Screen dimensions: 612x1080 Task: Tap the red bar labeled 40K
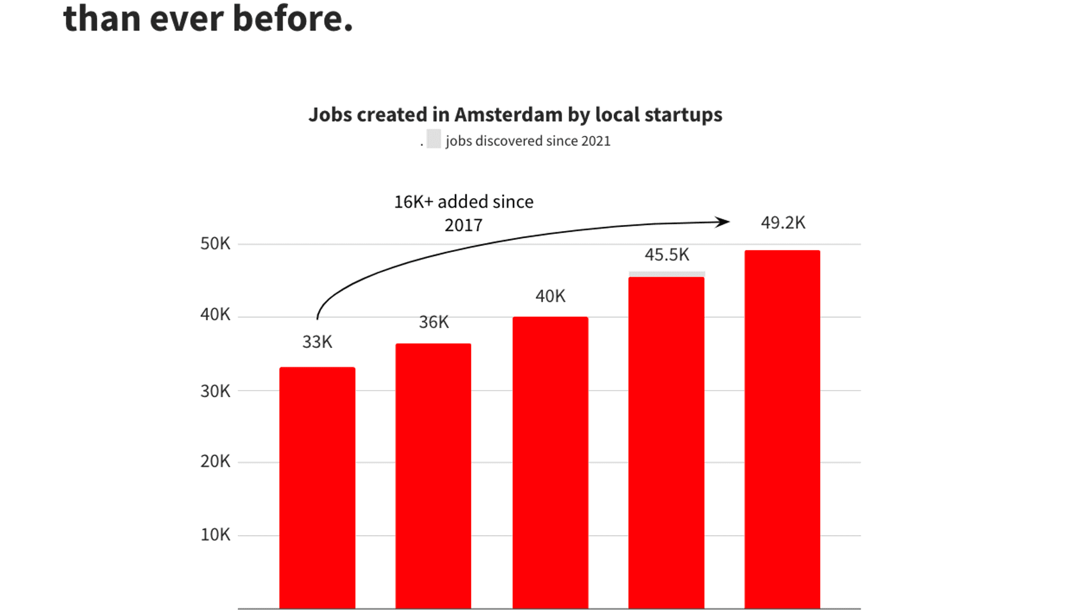[550, 463]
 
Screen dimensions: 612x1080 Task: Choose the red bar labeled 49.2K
[782, 430]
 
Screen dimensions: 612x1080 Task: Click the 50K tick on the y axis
[215, 244]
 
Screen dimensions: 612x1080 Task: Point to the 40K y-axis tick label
[215, 314]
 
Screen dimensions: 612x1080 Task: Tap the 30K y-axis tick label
[215, 391]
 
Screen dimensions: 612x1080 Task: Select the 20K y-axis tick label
[215, 461]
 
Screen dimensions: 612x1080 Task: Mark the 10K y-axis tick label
[215, 535]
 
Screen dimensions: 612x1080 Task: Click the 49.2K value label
[783, 223]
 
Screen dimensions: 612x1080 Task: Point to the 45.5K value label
[667, 255]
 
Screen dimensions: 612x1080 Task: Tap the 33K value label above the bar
[317, 342]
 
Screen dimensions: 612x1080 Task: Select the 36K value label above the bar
[433, 322]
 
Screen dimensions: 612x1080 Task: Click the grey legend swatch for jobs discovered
[433, 139]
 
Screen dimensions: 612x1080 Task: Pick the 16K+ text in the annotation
[413, 202]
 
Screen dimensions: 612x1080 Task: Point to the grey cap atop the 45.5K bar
[667, 274]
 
